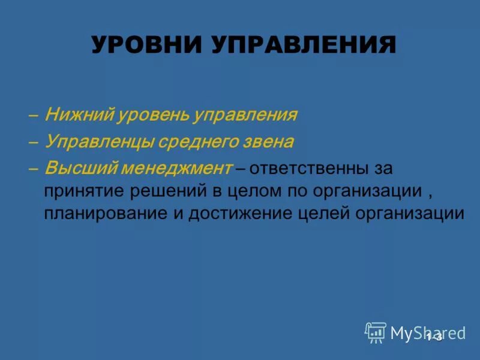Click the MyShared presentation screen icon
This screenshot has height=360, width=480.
point(375,332)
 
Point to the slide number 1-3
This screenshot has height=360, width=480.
point(434,337)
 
